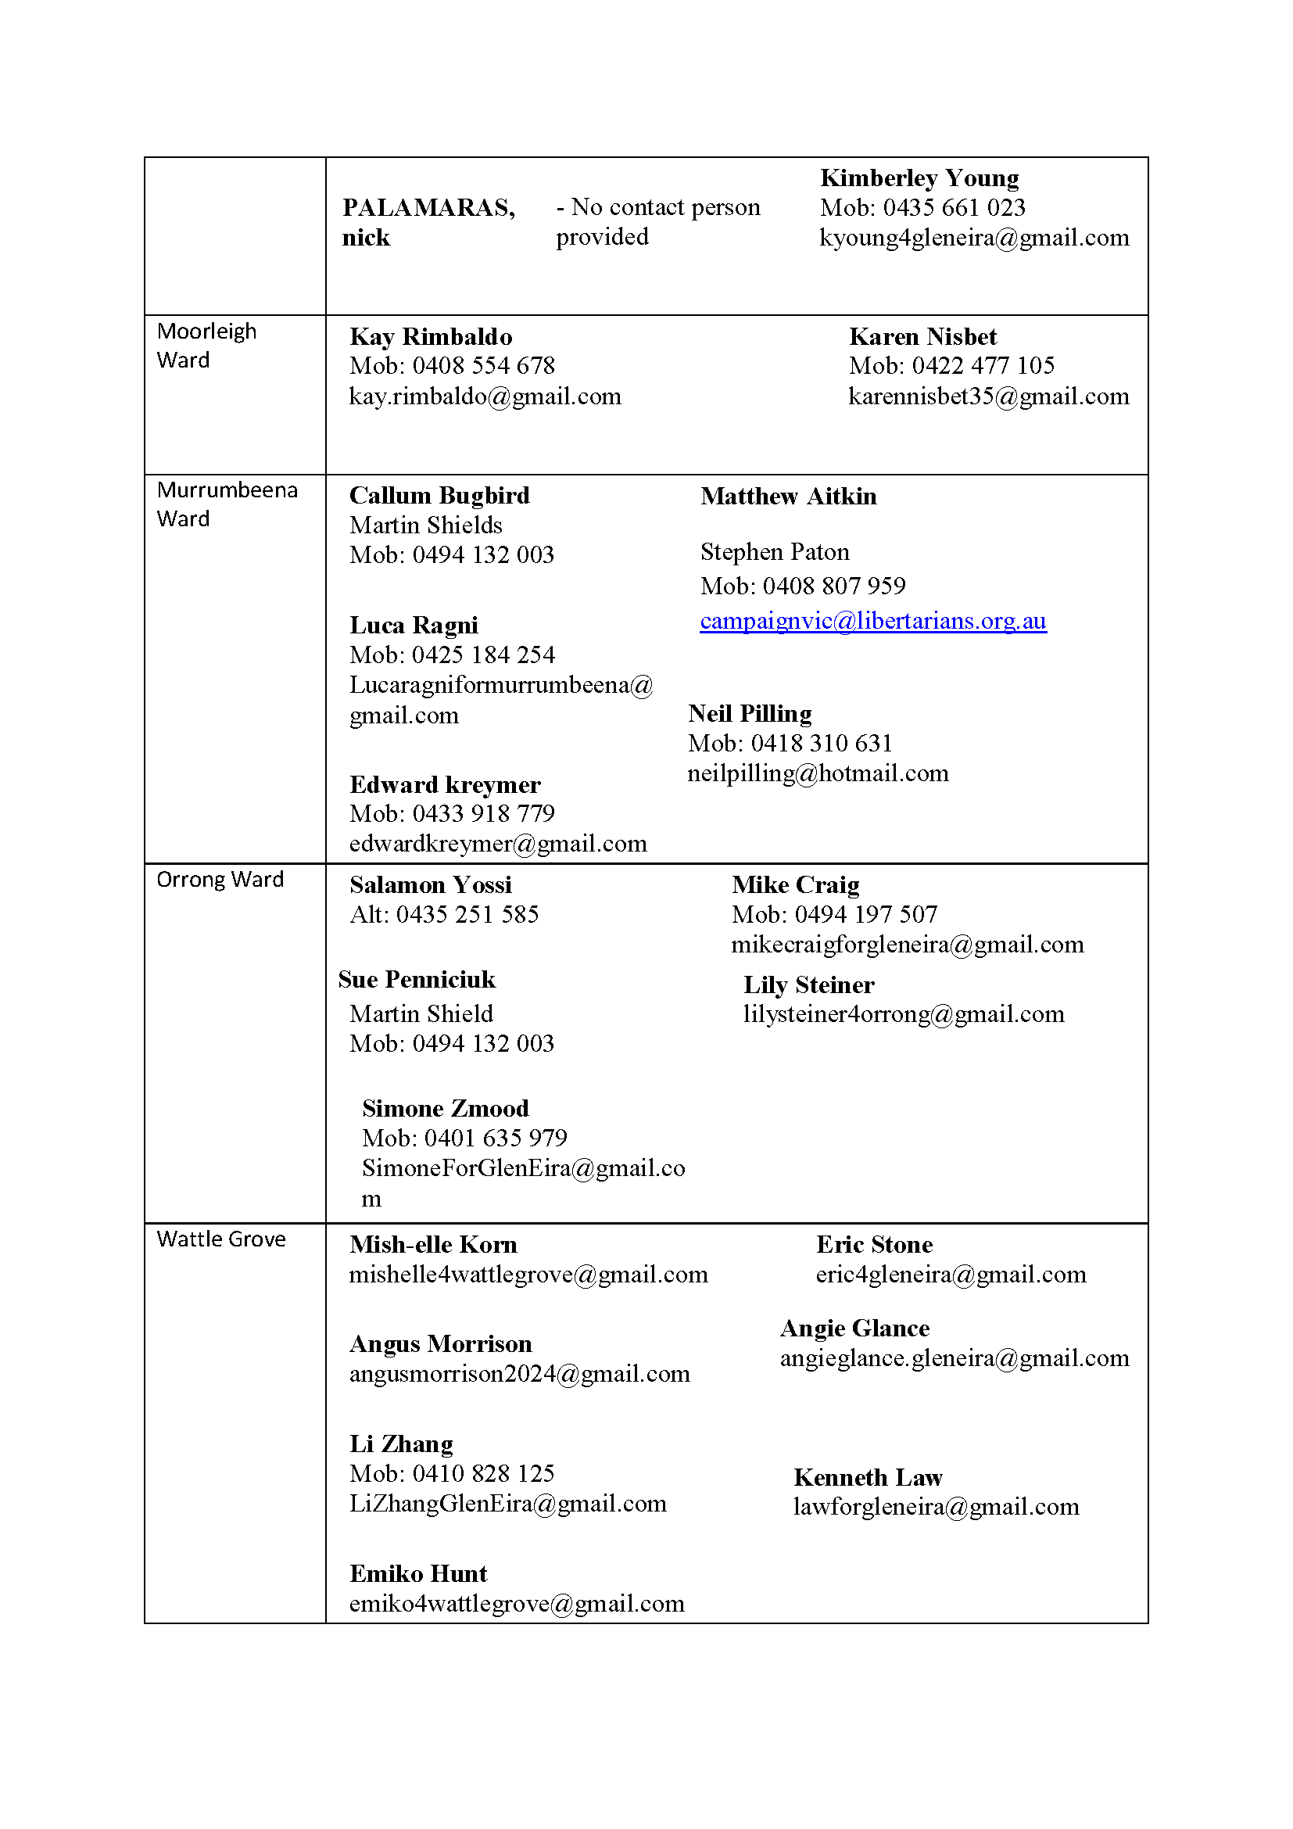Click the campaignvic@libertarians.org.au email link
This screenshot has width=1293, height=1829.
(872, 621)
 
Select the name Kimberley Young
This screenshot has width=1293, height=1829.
(919, 178)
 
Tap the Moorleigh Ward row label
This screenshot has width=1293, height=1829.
(206, 346)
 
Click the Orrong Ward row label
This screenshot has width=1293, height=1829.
(220, 880)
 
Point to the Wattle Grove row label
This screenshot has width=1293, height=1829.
(220, 1239)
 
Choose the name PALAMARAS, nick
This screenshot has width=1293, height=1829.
(428, 222)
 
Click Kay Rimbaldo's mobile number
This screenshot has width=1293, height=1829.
(451, 366)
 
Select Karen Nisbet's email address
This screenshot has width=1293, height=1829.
(988, 396)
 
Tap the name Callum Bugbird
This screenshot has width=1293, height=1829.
(439, 496)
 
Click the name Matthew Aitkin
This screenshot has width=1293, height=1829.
(788, 497)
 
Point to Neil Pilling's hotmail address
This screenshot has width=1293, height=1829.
(818, 773)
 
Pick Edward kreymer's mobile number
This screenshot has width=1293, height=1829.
(451, 813)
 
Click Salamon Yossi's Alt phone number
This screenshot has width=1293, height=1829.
(444, 915)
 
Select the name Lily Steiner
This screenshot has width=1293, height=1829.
(808, 985)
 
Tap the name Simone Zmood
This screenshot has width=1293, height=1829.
(445, 1108)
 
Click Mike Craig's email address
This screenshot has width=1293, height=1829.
(907, 945)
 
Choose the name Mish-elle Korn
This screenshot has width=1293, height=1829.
(433, 1244)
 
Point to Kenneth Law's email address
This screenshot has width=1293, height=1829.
(936, 1506)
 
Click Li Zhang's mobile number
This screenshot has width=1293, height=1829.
(451, 1473)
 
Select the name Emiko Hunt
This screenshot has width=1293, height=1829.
(418, 1573)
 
